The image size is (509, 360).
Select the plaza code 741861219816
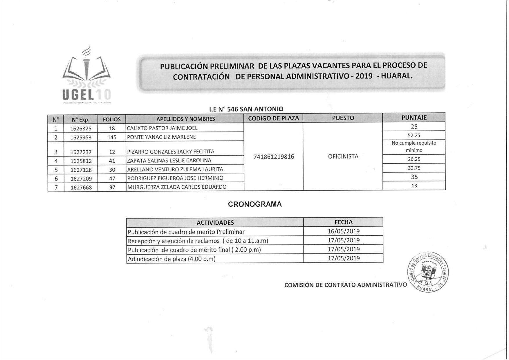[x=274, y=157]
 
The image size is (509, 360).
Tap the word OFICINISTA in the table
[x=343, y=156]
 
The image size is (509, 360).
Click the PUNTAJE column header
[x=414, y=118]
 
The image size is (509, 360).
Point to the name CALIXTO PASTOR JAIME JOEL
[x=162, y=128]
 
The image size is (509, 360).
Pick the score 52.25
[x=414, y=135]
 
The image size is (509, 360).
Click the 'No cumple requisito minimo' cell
[x=414, y=147]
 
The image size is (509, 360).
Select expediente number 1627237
[x=81, y=152]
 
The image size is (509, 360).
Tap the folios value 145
[x=112, y=137]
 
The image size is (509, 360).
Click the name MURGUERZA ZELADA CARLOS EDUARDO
[x=177, y=187]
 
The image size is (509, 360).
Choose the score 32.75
[x=414, y=168]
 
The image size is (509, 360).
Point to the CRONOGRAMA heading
[x=255, y=204]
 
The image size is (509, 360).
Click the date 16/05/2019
[x=344, y=231]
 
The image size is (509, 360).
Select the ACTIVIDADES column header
[x=215, y=223]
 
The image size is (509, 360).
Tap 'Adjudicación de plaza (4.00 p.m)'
[x=172, y=259]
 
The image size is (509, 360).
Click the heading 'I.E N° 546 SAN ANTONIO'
[x=246, y=109]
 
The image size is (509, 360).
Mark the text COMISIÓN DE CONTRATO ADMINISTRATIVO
[x=346, y=285]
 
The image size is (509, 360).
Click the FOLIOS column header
[x=112, y=119]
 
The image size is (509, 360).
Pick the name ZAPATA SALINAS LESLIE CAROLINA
[x=169, y=161]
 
